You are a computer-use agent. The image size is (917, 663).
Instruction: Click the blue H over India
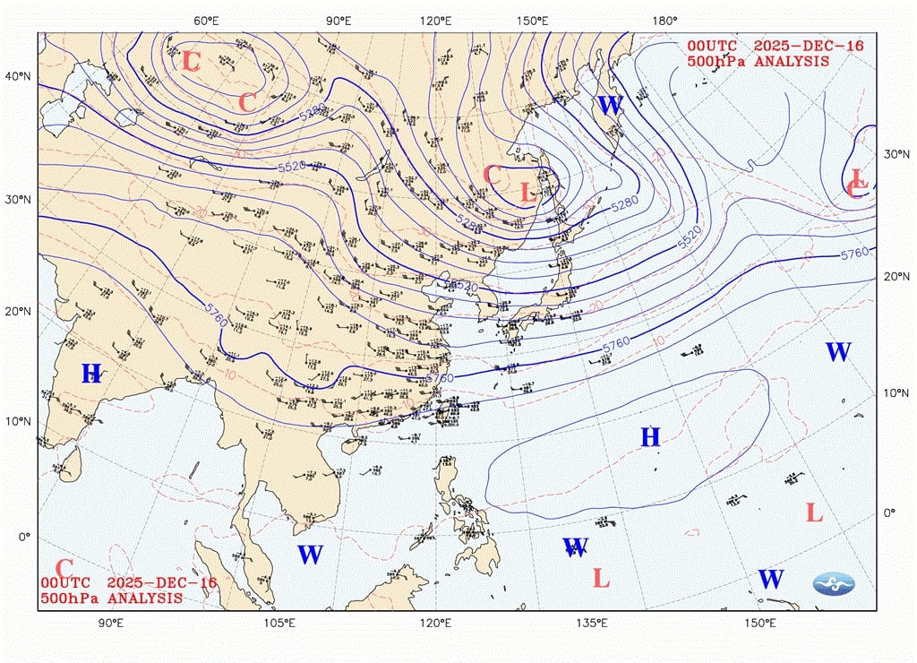click(91, 374)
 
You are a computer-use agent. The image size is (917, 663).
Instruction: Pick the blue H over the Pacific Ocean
click(650, 437)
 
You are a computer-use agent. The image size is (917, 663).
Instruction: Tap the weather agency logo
click(833, 584)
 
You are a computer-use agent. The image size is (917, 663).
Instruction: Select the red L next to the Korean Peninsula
click(527, 192)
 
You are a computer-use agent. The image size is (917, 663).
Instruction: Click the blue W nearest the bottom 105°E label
click(310, 555)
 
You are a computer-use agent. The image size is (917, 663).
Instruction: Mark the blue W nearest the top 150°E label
click(609, 105)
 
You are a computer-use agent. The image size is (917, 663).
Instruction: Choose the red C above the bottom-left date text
click(64, 568)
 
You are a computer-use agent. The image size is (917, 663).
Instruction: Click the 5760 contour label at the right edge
click(854, 254)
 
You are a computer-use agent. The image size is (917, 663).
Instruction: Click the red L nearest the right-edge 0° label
click(814, 512)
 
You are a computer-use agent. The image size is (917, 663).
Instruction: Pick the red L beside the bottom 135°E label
click(601, 578)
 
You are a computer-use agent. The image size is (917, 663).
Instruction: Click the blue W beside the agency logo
click(770, 579)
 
